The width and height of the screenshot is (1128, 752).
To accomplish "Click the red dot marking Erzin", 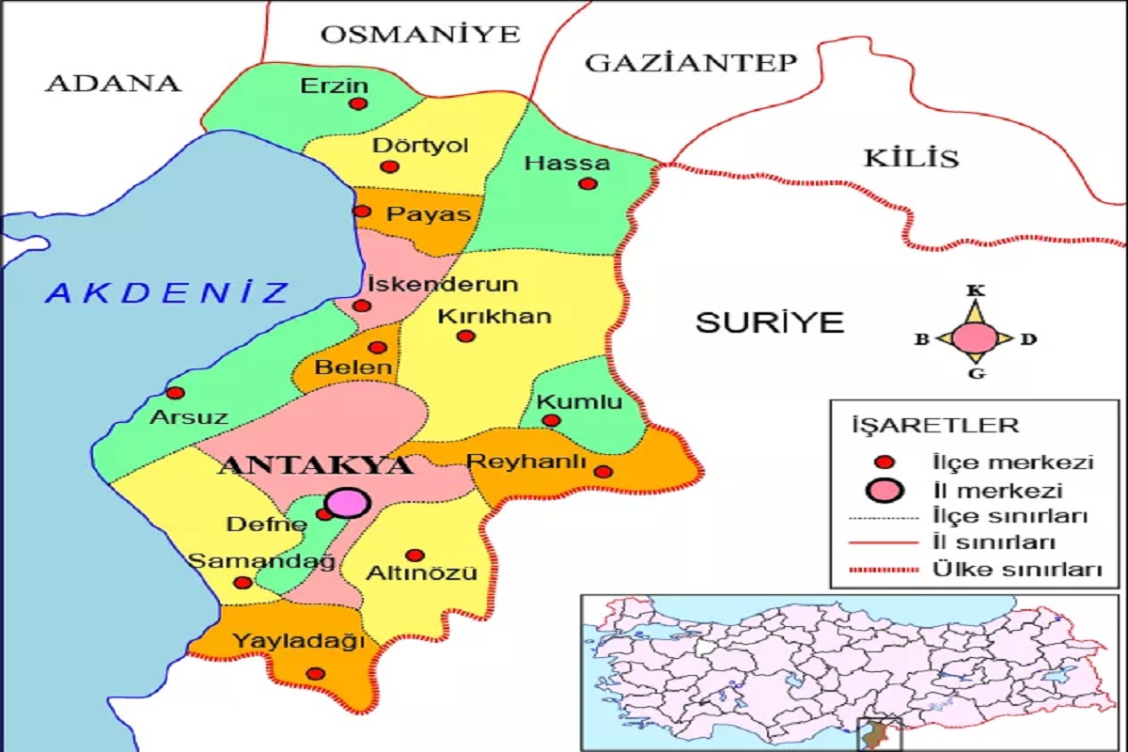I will click(x=358, y=104).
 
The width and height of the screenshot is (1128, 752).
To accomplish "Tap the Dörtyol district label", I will click(x=420, y=146).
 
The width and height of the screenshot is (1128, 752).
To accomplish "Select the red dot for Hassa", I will click(x=587, y=183).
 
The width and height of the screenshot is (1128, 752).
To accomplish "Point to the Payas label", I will click(x=429, y=213).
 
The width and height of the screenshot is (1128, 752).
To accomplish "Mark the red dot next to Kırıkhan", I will click(x=466, y=336).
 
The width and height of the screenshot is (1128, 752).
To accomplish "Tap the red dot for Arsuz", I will click(x=175, y=393).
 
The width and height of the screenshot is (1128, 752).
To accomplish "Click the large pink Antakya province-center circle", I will click(x=345, y=503).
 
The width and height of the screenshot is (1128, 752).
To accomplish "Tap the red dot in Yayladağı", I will click(x=315, y=674).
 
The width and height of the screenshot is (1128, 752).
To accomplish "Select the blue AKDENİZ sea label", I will click(x=169, y=292).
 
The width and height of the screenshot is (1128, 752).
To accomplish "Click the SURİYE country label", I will click(x=770, y=322).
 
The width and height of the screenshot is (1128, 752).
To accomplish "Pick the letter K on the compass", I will click(x=975, y=290).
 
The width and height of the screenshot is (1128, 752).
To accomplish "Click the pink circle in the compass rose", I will click(x=975, y=337).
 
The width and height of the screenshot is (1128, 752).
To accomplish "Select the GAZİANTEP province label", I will click(x=691, y=63).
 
